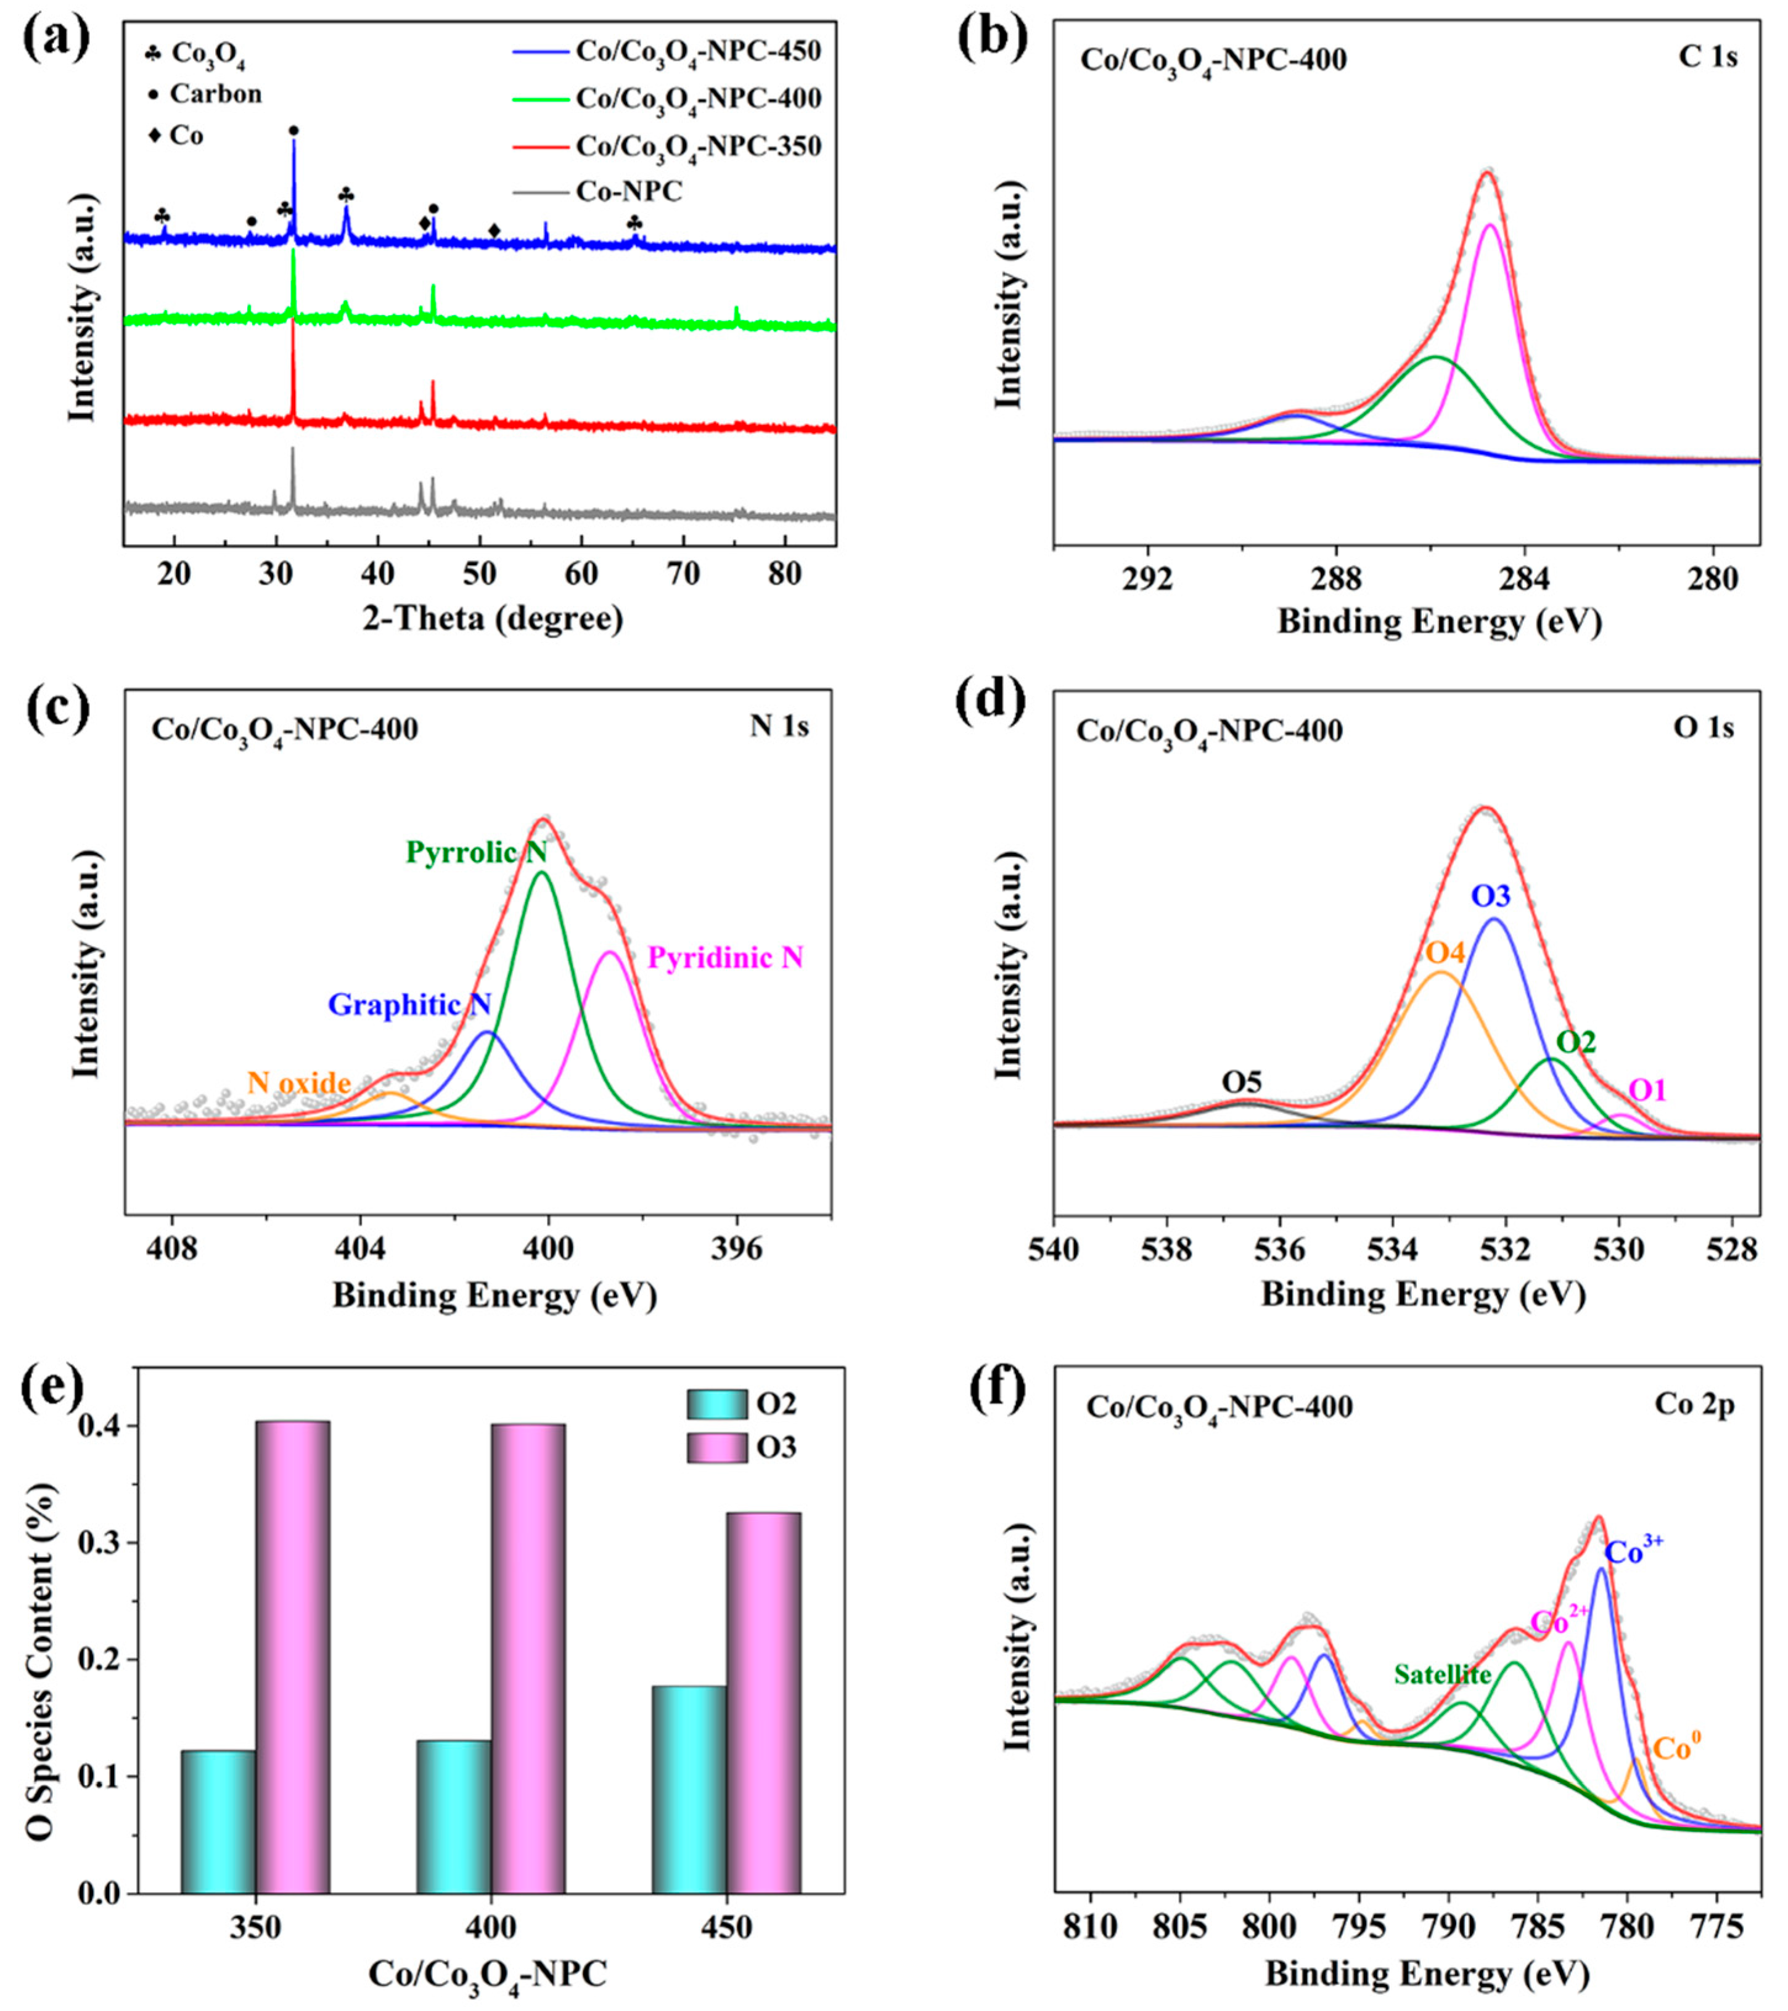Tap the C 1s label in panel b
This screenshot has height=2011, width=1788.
click(1707, 57)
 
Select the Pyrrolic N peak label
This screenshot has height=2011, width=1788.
click(476, 852)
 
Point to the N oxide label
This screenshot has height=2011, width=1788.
click(299, 1084)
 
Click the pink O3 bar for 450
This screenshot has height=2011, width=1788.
click(764, 1702)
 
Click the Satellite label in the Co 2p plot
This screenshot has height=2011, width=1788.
click(1443, 1673)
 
